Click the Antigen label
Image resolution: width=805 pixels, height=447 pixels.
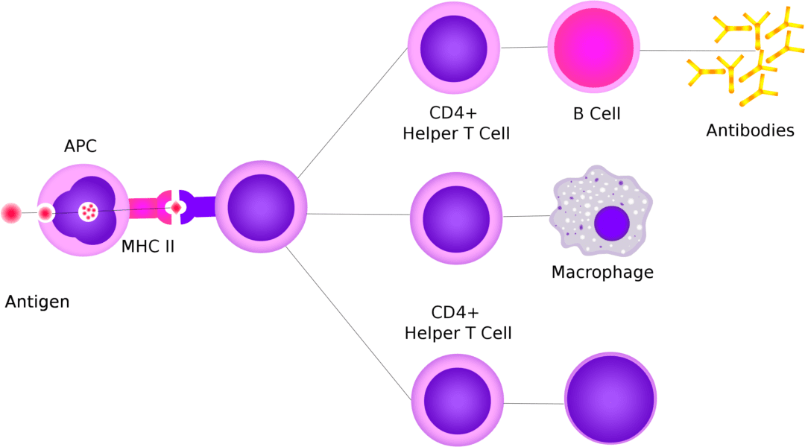point(37,302)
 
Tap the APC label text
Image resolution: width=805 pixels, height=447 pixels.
point(80,147)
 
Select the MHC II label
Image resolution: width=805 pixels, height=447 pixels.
point(148,246)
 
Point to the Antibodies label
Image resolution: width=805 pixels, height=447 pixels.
point(750,130)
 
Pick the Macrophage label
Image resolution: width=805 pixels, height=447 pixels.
point(602,272)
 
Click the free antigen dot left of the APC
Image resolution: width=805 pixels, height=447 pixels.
point(11,213)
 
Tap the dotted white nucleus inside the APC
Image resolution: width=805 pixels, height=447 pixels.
point(89,212)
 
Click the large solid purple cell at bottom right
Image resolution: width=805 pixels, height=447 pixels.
point(610,399)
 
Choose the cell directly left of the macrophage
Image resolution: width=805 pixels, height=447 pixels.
point(456,218)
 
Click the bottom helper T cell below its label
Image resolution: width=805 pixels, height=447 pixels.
point(458,399)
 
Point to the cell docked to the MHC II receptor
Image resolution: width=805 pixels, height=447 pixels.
point(261,206)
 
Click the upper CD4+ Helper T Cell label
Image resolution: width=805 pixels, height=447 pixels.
point(456,124)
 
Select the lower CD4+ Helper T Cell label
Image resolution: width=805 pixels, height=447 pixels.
point(458,322)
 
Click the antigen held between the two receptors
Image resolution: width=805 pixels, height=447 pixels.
point(177,208)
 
